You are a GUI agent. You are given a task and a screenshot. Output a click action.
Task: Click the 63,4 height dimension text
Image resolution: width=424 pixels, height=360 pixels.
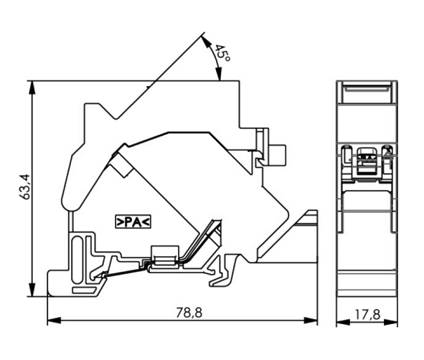click(x=27, y=186)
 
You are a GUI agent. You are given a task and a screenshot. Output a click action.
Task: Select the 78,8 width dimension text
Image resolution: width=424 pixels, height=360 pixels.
click(x=189, y=313)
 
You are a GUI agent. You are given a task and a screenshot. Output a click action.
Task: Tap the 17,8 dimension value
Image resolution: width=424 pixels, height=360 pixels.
click(x=367, y=314)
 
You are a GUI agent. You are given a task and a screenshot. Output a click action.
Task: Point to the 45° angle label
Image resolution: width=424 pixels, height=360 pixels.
click(x=222, y=53)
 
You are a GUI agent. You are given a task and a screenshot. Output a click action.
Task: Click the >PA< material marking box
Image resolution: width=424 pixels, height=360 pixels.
click(x=133, y=222)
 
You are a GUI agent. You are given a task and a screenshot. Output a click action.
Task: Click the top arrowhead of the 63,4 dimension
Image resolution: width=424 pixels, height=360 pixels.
click(x=32, y=87)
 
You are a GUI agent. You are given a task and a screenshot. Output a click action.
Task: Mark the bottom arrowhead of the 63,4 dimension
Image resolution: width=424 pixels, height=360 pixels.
click(x=32, y=290)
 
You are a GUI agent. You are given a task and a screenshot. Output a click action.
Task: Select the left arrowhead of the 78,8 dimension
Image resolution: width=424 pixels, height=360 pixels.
click(x=55, y=321)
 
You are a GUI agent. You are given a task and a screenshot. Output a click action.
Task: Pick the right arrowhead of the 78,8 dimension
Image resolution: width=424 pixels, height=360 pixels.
click(x=311, y=321)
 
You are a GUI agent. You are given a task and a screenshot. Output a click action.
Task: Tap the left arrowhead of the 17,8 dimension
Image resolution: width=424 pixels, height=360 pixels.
click(x=343, y=322)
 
